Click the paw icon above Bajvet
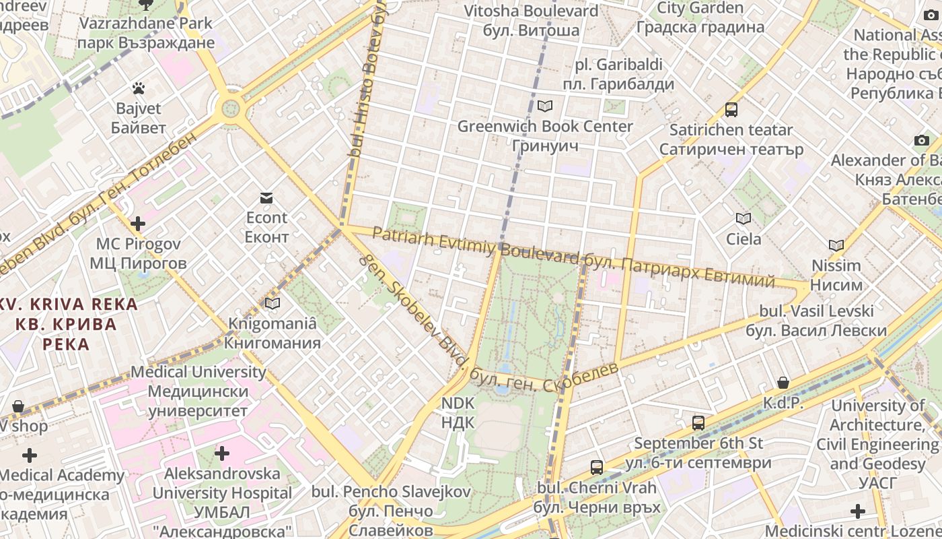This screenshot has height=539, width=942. pos(139,88)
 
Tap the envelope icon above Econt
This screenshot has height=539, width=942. pos(266,198)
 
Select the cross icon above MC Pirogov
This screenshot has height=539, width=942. pos(138,224)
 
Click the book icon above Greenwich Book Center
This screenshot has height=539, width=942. pos(545,106)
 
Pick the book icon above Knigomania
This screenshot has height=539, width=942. pos(273,304)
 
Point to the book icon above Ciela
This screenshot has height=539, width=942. pos(744,219)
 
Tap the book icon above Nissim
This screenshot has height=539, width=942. pos(836,246)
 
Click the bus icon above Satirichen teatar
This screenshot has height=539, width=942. pos(731,110)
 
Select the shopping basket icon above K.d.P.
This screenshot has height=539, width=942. pos(783,383)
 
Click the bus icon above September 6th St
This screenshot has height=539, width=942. pos(698,423)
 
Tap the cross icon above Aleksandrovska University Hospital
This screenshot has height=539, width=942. pos(222,453)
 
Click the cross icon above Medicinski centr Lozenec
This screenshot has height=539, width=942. pos(858,511)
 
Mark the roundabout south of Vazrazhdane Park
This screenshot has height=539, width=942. pos(231,107)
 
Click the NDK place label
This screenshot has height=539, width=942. pos(458,413)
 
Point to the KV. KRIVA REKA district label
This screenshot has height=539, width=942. pos(67,324)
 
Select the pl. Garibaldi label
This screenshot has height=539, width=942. pos(618,74)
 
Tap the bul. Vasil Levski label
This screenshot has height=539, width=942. pos(817,321)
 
